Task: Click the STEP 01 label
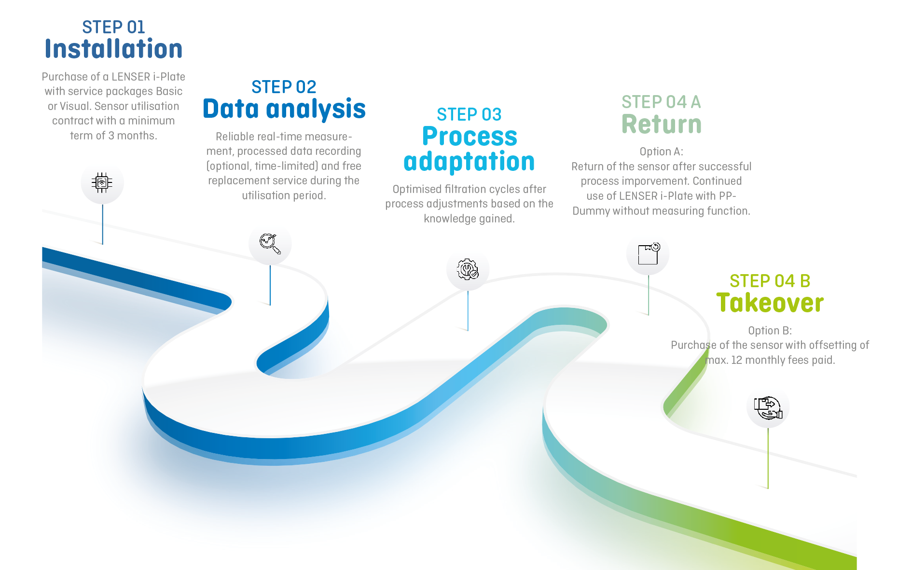[x=113, y=27]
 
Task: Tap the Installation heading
[x=113, y=49]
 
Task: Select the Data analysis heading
[x=284, y=109]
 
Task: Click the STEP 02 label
[x=284, y=87]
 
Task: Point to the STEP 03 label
[x=469, y=114]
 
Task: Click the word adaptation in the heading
[x=469, y=161]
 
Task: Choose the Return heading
[x=662, y=124]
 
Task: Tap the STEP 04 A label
[x=661, y=102]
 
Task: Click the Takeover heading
[x=770, y=303]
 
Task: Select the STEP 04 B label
[x=770, y=281]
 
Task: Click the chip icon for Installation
[x=102, y=182]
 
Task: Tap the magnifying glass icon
[x=270, y=244]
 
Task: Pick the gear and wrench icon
[x=468, y=269]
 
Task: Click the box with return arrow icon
[x=649, y=254]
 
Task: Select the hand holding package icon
[x=768, y=408]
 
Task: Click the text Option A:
[x=662, y=152]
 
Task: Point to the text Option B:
[x=770, y=331]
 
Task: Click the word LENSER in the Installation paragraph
[x=131, y=77]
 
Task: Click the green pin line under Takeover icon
[x=768, y=458]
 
